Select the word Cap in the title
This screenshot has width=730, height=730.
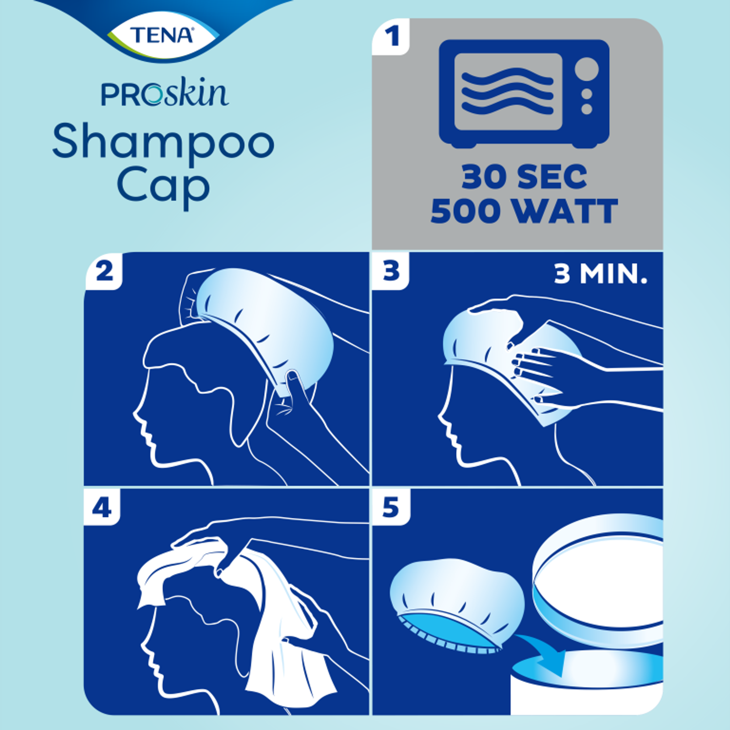(x=163, y=187)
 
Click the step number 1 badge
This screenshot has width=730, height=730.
(x=391, y=37)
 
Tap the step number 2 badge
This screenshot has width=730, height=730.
(x=104, y=271)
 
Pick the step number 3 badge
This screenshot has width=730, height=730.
(x=391, y=271)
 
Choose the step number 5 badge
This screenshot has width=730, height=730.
(x=391, y=508)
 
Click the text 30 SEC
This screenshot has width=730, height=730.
(x=524, y=178)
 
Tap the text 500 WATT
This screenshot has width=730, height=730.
(x=524, y=211)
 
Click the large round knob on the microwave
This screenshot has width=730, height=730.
(x=586, y=69)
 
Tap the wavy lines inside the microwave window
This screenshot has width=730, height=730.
(x=507, y=92)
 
